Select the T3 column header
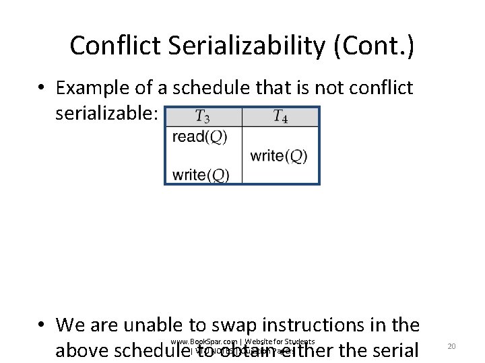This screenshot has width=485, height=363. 202,116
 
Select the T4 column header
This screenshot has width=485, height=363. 280,116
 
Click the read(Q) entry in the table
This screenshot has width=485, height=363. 199,137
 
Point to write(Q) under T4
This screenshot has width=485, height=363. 279,156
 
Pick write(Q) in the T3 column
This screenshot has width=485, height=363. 201,175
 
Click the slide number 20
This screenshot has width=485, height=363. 452,346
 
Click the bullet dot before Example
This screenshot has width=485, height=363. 42,89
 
